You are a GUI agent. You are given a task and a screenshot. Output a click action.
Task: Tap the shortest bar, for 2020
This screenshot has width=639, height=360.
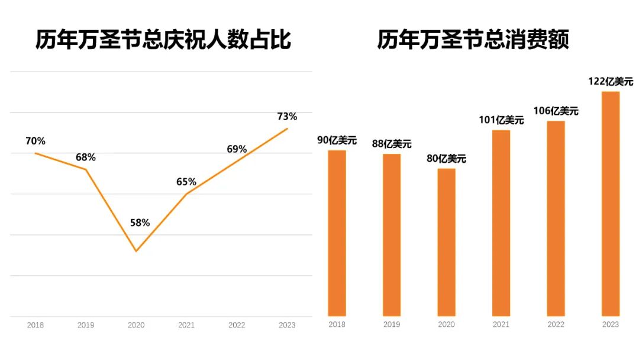tap(447, 242)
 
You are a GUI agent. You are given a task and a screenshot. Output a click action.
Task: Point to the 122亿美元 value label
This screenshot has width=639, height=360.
tap(610, 82)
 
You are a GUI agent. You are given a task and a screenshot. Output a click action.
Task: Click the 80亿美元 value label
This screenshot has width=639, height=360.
tap(447, 159)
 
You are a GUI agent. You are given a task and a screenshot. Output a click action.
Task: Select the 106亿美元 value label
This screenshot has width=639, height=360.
tap(556, 111)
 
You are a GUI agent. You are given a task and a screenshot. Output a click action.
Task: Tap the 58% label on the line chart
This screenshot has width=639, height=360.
tap(140, 223)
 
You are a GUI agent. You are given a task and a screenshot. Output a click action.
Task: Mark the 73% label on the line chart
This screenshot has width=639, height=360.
tap(287, 116)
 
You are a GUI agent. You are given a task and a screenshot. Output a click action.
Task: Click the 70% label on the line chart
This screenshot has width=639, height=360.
tap(35, 141)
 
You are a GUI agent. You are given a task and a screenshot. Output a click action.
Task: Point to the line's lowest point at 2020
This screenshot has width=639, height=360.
tap(136, 251)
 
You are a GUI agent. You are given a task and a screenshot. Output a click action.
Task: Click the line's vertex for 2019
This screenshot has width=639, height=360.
tap(86, 170)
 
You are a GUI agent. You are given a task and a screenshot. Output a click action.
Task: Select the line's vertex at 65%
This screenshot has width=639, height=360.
tap(186, 194)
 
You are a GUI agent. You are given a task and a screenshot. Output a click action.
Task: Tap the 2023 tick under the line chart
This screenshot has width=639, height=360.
tap(287, 325)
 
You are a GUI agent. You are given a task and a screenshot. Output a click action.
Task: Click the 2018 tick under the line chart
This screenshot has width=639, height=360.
tap(35, 325)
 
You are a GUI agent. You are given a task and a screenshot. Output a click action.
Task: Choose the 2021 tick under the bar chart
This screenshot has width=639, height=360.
tap(501, 324)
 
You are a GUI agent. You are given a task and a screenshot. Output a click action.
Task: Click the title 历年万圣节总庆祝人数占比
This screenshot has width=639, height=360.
tap(163, 40)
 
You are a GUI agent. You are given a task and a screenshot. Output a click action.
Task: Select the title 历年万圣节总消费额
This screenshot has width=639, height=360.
tap(473, 40)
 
